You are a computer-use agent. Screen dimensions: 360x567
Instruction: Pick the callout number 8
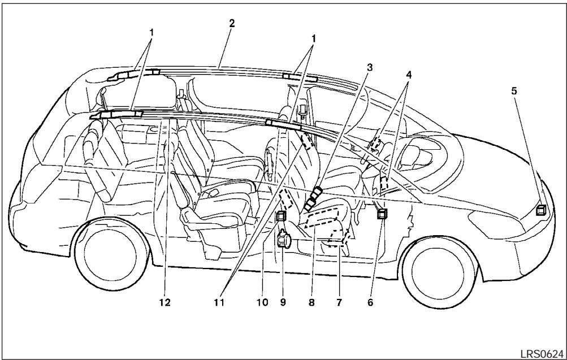click(x=311, y=302)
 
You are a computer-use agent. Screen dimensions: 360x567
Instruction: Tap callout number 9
click(x=283, y=302)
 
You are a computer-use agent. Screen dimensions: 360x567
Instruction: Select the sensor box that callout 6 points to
click(x=383, y=214)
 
